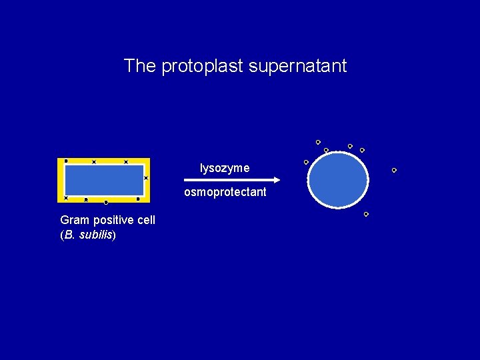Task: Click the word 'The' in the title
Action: tap(140, 66)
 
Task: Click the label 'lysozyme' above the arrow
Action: tap(225, 168)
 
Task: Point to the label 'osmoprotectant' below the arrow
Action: tap(225, 192)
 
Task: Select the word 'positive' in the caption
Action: tap(110, 220)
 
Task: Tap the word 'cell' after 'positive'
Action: tap(145, 220)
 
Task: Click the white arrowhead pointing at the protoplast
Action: tap(275, 180)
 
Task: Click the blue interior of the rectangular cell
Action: tap(104, 180)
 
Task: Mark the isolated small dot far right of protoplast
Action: tap(394, 170)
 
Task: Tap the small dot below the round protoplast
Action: tap(366, 214)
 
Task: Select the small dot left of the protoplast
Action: tap(306, 162)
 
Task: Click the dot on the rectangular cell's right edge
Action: tap(146, 178)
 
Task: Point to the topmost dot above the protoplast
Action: tap(318, 142)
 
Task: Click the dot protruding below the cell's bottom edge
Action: tap(106, 202)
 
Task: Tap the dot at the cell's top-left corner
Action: tap(65, 161)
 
